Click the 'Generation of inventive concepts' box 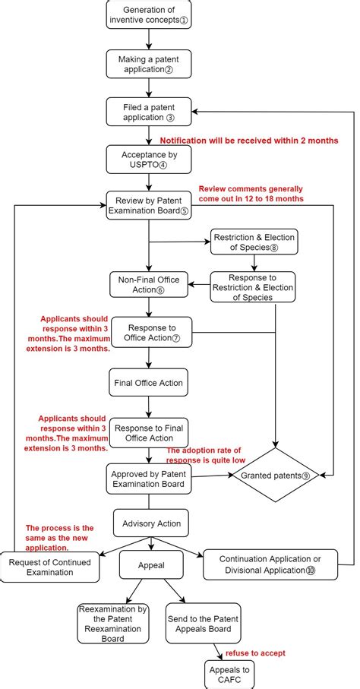pyautogui.click(x=150, y=14)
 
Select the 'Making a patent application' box pyautogui.click(x=150, y=64)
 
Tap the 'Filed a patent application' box pyautogui.click(x=150, y=112)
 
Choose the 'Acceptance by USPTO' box pyautogui.click(x=150, y=159)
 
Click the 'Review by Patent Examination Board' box pyautogui.click(x=150, y=205)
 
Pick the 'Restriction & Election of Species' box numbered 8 pyautogui.click(x=254, y=242)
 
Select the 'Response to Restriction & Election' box pyautogui.click(x=252, y=286)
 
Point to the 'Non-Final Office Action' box pyautogui.click(x=150, y=284)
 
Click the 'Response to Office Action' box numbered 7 pyautogui.click(x=150, y=331)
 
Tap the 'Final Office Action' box pyautogui.click(x=150, y=382)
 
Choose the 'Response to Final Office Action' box pyautogui.click(x=150, y=431)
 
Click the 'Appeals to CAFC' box pyautogui.click(x=229, y=674)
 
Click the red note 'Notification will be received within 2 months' pyautogui.click(x=248, y=141)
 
